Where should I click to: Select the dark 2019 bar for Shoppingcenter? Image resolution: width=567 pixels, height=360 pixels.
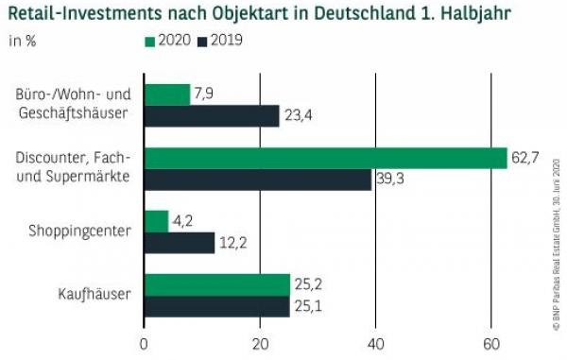click(179, 243)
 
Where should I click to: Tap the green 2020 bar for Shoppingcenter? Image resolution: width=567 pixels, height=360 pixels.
click(155, 221)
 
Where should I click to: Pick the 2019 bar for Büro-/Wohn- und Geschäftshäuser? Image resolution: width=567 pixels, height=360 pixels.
click(211, 116)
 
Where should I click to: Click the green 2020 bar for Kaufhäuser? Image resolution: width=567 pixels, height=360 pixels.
click(216, 284)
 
